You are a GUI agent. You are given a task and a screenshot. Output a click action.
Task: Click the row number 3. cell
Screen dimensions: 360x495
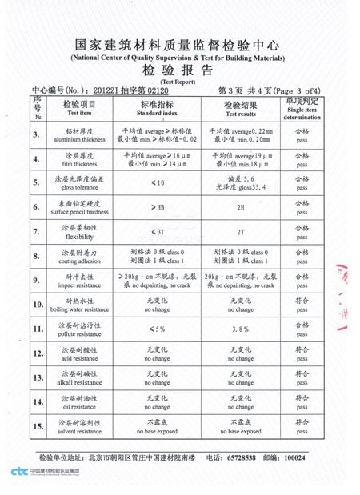click(37, 135)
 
